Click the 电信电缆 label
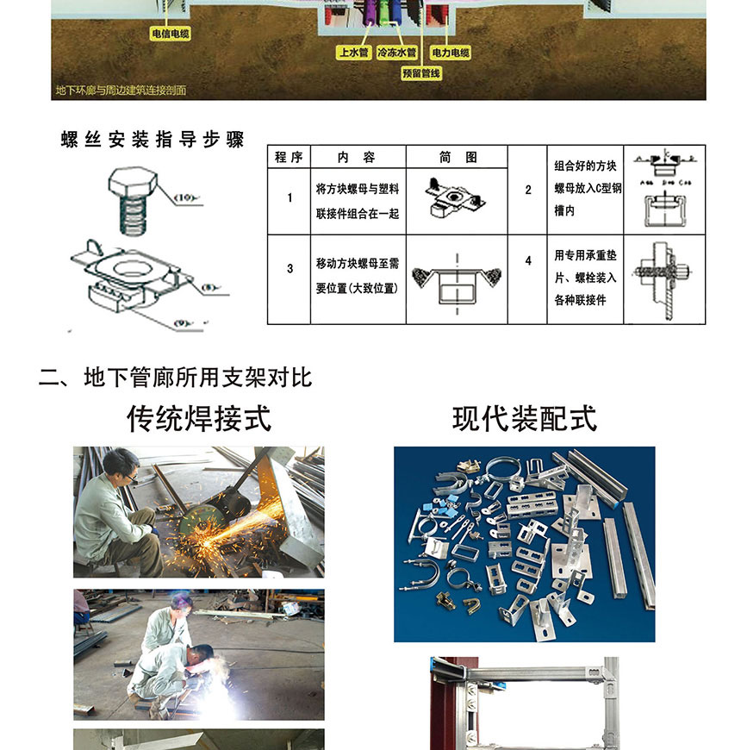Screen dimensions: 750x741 (x=170, y=34)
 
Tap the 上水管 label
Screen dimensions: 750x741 (x=353, y=53)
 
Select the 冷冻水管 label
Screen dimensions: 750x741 (x=399, y=53)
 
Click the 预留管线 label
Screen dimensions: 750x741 (x=421, y=74)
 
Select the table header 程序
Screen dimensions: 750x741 (x=289, y=157)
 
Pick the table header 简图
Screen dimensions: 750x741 (x=458, y=157)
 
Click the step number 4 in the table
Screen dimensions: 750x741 (x=528, y=260)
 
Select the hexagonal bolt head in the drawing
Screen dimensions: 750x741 (x=134, y=184)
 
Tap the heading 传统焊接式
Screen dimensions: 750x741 (x=199, y=419)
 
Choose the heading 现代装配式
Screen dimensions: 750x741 (x=525, y=419)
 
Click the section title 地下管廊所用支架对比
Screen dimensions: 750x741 (x=175, y=378)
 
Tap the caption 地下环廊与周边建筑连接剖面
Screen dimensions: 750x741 (x=121, y=90)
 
